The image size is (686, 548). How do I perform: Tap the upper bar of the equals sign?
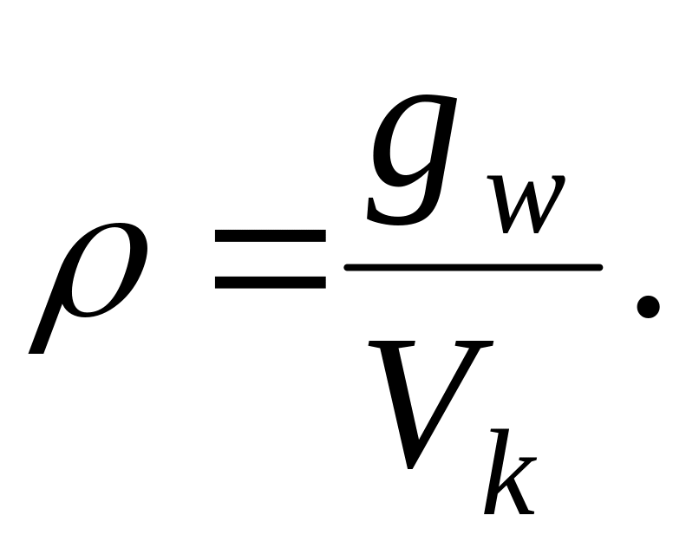271,236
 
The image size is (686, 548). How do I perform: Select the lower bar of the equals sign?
271,283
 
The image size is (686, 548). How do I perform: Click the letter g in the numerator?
411,160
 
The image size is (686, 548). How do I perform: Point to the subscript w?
526,205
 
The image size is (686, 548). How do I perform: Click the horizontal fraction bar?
474,268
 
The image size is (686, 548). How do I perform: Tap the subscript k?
510,472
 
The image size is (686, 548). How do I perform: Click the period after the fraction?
648,307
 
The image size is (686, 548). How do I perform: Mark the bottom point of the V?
410,467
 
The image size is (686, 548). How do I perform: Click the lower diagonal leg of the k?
519,498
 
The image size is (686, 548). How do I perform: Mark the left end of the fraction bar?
346,268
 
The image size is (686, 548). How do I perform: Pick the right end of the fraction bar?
601,268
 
